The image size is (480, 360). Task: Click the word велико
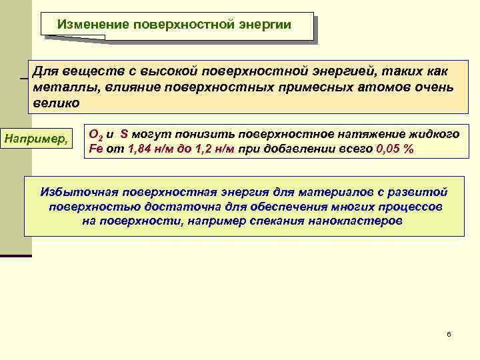56,103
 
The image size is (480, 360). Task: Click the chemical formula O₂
95,134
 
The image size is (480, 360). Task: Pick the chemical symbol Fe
95,149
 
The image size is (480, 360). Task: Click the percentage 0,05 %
395,149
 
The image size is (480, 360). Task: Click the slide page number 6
449,333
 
